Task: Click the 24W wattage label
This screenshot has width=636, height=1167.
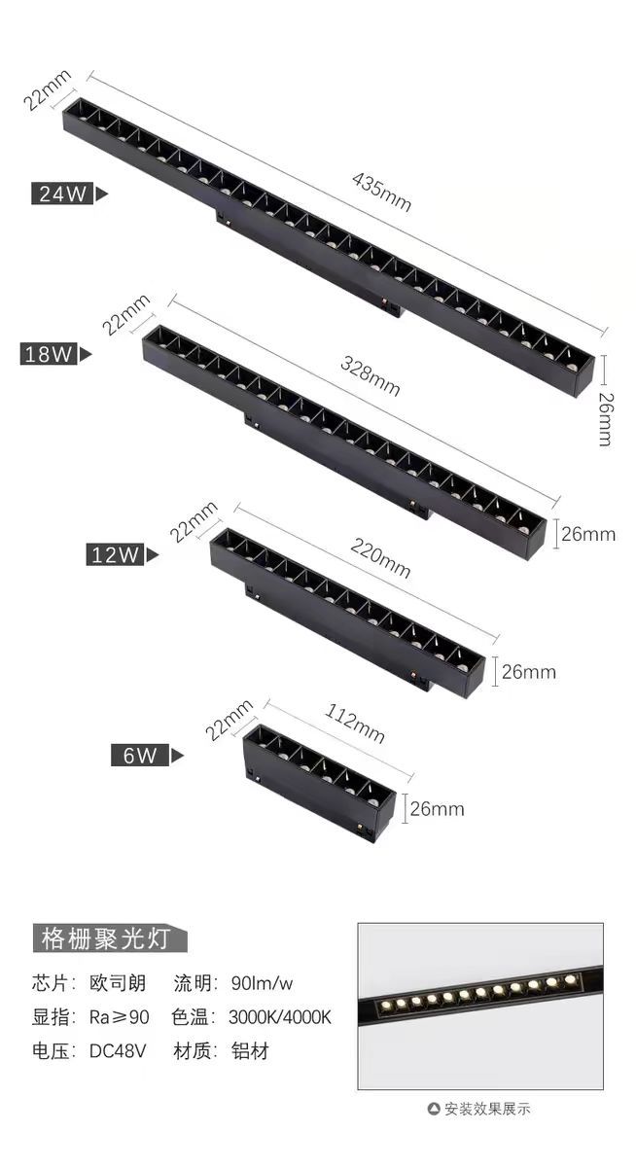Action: coord(64,194)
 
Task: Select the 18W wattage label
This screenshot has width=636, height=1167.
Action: coord(50,354)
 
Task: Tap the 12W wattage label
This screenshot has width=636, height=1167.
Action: coord(116,555)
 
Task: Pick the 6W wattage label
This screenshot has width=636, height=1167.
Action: coord(140,755)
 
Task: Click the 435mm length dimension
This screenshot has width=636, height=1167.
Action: coord(382,191)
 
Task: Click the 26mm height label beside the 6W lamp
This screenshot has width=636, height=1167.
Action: coord(437,808)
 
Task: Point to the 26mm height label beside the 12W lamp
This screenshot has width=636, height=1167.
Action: coord(529,672)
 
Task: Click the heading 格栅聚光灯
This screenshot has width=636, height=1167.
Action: coord(108,938)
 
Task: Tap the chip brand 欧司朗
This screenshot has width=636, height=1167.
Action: coord(119,983)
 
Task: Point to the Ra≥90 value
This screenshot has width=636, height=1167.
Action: coord(119,1017)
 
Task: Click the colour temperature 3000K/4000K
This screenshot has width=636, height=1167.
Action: coord(280,1017)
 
